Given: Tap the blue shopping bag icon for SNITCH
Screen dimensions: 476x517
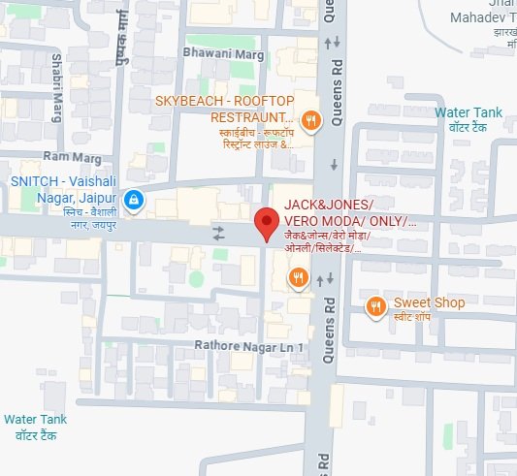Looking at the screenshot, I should tap(135, 201).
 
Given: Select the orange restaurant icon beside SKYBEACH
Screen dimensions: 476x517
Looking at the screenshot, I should tap(310, 121).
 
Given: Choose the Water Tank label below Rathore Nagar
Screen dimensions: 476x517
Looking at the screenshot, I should tap(35, 419).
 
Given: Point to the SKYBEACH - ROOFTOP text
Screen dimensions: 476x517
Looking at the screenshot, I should tap(224, 101).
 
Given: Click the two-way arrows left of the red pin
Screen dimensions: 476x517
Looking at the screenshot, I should tap(218, 234).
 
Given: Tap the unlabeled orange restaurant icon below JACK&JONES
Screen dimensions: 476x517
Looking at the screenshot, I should tap(298, 279).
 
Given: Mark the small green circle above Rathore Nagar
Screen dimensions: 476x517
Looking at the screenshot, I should tap(196, 279).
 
